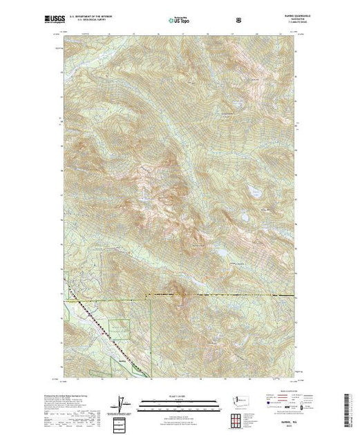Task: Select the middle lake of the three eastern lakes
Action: pyautogui.click(x=245, y=217)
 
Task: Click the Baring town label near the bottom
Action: pyautogui.click(x=123, y=359)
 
